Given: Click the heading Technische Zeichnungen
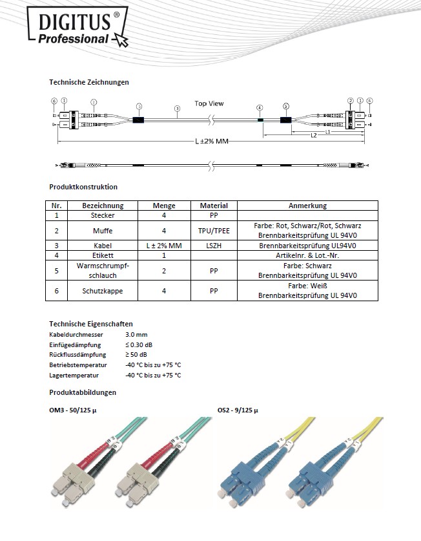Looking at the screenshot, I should tap(89, 82).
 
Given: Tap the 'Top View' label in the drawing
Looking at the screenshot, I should tap(209, 103).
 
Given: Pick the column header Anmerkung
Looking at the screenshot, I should tap(309, 206).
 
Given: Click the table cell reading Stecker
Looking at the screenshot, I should tap(103, 215).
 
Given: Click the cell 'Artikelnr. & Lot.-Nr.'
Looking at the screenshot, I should tap(309, 255).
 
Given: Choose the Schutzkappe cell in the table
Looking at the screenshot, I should tap(103, 291).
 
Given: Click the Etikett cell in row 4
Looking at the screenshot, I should tap(103, 255).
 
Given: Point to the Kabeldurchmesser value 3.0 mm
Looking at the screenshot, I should tap(136, 335).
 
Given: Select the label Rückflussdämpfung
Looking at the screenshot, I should tap(77, 355).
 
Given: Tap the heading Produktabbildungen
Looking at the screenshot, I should tap(83, 392).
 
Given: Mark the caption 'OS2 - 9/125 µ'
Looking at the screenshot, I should tap(238, 410).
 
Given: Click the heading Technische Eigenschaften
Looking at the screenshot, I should tap(91, 323).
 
